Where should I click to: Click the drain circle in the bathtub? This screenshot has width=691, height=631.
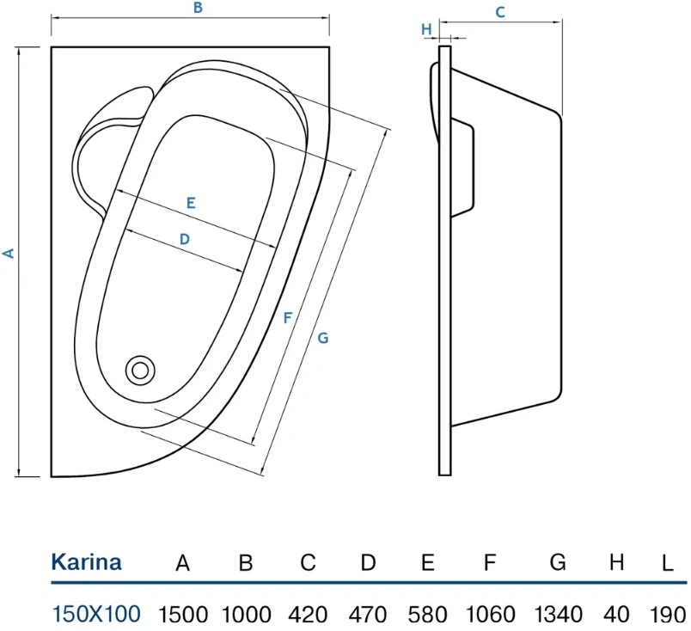pos(140,371)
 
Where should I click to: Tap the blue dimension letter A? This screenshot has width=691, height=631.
pos(9,254)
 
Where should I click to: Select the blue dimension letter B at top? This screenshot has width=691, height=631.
pos(198,8)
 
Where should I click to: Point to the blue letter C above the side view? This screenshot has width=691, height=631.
pos(499,12)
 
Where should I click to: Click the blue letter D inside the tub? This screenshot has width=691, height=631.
pos(185,239)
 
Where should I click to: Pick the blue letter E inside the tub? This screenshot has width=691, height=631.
pos(191,203)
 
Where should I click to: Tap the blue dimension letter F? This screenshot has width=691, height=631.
pos(287,317)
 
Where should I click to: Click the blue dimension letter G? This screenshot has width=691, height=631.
pos(323,338)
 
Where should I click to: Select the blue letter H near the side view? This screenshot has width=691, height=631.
pos(426,29)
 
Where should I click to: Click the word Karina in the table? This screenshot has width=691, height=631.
pos(86,562)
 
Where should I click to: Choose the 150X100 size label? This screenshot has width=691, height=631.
pos(96,613)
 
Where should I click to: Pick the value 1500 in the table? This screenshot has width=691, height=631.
pos(182,615)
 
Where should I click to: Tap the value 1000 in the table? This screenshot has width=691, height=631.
pos(246,615)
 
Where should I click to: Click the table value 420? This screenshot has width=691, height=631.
pos(308,615)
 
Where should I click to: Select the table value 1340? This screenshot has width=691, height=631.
pos(558,615)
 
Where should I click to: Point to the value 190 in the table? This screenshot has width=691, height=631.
pos(668,615)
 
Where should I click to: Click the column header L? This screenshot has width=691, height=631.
pos(668,563)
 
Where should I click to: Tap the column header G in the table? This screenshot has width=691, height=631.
pos(558,562)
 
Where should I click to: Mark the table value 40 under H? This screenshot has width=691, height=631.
pos(616,615)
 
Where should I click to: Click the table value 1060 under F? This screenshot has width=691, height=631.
pos(491,615)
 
